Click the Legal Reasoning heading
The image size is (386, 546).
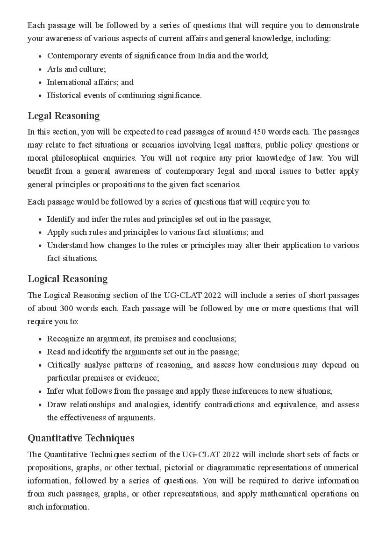tap(64, 116)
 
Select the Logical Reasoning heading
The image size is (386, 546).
tap(67, 279)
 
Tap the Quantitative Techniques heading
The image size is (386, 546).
tap(81, 438)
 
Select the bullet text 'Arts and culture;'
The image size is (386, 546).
tap(76, 69)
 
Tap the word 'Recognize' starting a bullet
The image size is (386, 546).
tap(65, 339)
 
